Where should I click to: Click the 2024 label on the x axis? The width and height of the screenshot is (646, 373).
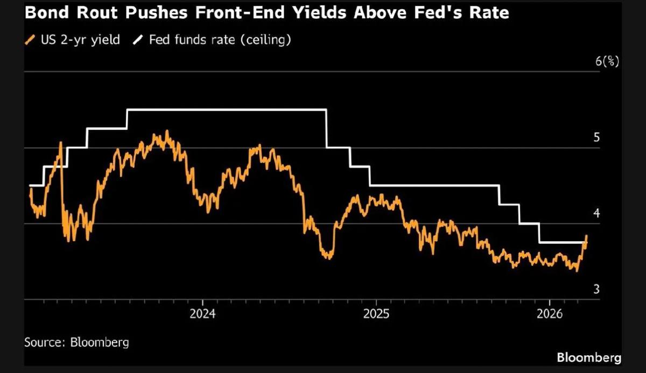[202, 314]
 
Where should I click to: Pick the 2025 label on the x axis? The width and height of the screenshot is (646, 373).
[376, 314]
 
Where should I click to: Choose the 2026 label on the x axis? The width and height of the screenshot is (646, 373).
[549, 314]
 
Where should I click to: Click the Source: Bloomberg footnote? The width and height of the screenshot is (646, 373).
[76, 342]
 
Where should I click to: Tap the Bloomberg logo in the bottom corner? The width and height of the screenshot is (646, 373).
[588, 357]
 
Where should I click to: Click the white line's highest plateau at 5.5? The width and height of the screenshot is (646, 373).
[226, 110]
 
